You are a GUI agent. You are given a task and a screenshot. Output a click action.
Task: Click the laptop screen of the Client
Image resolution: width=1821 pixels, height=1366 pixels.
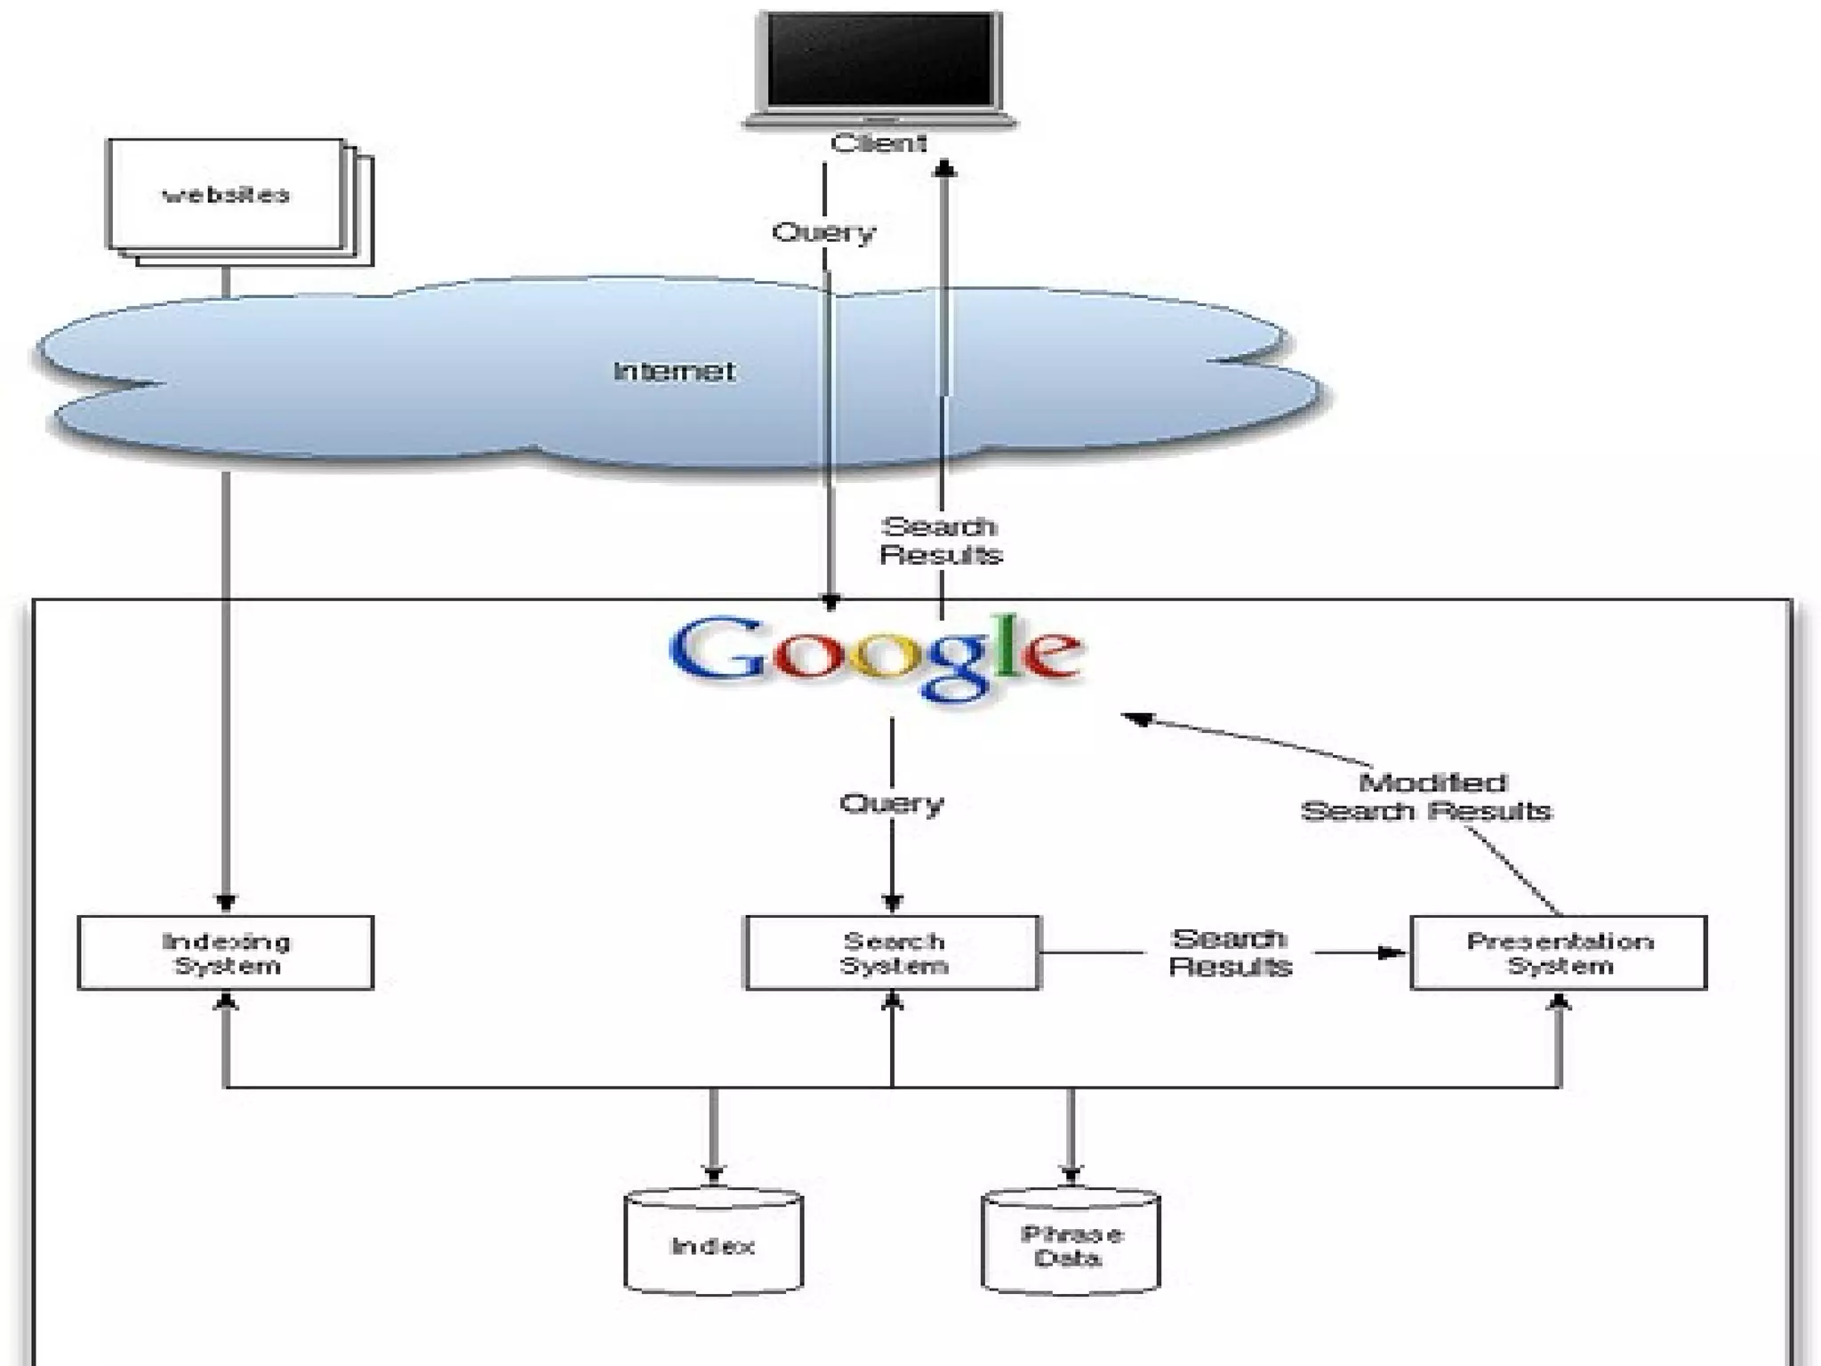878,60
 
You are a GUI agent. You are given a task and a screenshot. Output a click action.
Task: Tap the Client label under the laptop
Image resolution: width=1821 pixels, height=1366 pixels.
878,143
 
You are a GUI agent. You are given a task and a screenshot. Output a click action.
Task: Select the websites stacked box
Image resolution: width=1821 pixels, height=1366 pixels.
226,195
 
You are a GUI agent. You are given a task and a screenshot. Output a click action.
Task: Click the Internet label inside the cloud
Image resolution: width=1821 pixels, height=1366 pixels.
674,371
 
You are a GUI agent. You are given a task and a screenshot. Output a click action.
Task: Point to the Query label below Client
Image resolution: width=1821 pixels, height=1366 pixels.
823,233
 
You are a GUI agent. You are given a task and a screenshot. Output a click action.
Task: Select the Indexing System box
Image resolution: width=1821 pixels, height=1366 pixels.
226,952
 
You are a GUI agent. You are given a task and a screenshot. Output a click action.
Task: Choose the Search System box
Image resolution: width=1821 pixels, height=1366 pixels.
893,952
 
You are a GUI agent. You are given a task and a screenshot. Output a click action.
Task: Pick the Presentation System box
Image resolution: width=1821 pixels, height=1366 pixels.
1559,952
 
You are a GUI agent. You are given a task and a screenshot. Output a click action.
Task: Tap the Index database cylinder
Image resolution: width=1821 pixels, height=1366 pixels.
713,1245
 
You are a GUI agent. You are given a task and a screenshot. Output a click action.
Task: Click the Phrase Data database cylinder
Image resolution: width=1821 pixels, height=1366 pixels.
1071,1245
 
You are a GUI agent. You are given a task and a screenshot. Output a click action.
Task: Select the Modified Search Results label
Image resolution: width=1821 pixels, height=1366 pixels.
1427,797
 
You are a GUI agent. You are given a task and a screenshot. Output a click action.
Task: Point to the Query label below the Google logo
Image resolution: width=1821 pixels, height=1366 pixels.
892,804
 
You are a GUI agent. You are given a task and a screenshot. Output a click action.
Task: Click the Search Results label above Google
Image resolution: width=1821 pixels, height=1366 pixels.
941,541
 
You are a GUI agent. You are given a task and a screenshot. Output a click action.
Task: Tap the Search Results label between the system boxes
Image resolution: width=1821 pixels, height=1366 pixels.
1230,952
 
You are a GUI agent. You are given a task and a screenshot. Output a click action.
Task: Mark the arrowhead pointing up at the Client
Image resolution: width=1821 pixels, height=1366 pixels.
944,168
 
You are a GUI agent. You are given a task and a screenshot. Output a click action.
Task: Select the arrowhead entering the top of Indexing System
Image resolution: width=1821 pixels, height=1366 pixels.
226,903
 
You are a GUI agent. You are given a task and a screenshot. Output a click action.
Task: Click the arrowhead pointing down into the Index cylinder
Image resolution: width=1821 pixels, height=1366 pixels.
713,1174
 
